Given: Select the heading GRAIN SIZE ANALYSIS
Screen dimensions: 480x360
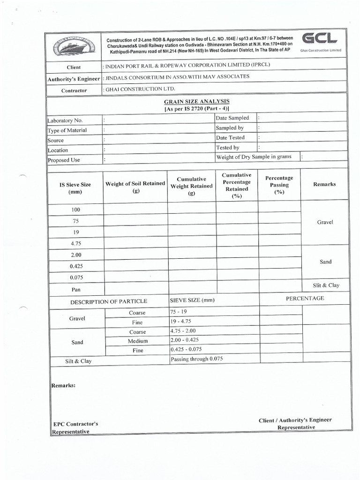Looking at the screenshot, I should pos(196,101).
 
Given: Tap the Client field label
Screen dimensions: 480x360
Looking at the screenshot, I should pos(74,67).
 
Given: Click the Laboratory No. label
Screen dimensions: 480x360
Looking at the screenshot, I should pos(65,120).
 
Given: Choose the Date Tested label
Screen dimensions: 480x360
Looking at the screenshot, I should pos(230,137).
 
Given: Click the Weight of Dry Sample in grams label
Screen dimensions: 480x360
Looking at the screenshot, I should pos(253,157).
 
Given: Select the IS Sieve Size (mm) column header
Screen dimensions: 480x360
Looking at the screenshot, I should pos(75,188).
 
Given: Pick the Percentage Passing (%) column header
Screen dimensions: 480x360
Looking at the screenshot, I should pos(279,185).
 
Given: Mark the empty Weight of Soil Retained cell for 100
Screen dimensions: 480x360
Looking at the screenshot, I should pos(135,209).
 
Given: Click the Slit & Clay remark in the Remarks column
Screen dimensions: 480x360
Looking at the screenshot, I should pos(326,285).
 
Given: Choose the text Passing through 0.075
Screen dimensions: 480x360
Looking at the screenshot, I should pos(197,359).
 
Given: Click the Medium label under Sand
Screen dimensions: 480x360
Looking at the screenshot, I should pos(137,341).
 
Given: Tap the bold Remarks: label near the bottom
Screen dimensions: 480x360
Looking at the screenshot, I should pos(63,385).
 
